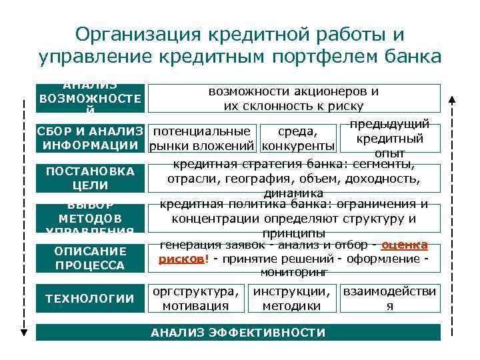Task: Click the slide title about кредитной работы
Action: [x=240, y=45]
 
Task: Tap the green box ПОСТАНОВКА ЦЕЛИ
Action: [x=90, y=179]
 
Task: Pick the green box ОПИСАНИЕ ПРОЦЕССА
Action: [x=90, y=258]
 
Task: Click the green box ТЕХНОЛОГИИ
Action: [x=90, y=298]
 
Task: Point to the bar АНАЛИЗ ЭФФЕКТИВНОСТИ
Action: [x=238, y=332]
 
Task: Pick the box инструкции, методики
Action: [x=291, y=299]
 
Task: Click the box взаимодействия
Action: [x=390, y=299]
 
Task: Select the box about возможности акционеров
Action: [x=294, y=98]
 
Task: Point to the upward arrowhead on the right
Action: [x=451, y=100]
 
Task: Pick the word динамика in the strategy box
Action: [x=294, y=193]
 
